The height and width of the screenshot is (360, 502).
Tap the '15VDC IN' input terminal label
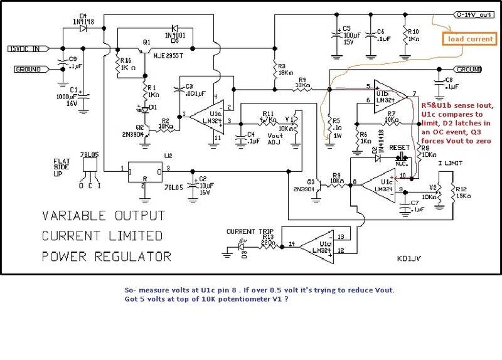coord(24,48)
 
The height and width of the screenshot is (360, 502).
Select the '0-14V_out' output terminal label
coord(470,13)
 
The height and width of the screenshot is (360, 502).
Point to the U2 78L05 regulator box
coord(145,174)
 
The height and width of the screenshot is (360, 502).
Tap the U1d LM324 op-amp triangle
coord(318,245)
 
